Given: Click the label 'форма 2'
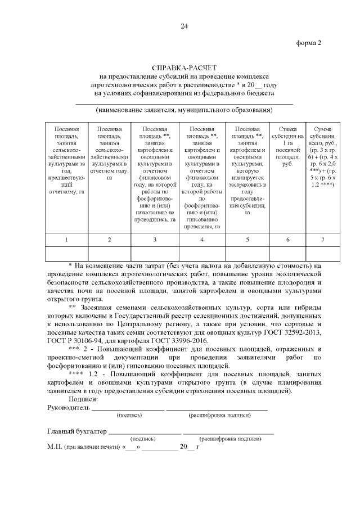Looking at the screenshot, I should point(308,44).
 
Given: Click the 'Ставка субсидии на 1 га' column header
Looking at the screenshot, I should point(287,146).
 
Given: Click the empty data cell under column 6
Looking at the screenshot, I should point(287,254).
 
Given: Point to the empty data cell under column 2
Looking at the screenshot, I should point(109,254).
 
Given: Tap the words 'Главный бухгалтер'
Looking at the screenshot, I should point(76,431).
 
